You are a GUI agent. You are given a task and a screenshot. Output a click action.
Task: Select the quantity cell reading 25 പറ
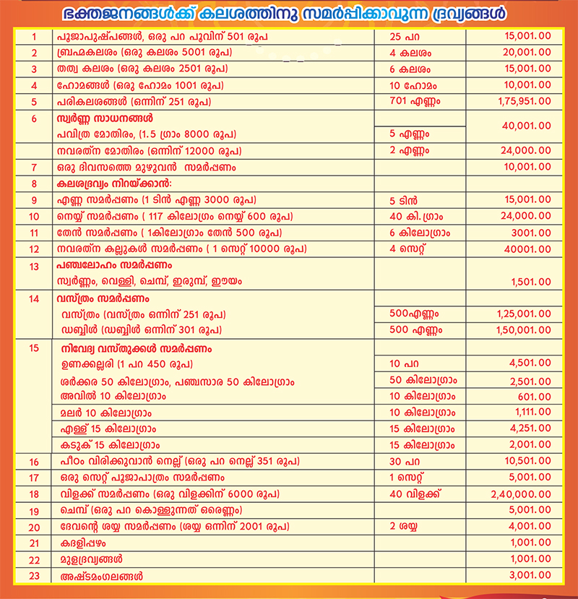pos(400,35)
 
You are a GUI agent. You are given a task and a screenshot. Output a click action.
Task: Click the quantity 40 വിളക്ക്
pos(415,494)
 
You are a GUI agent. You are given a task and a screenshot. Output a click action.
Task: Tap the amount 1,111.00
pos(533,413)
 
